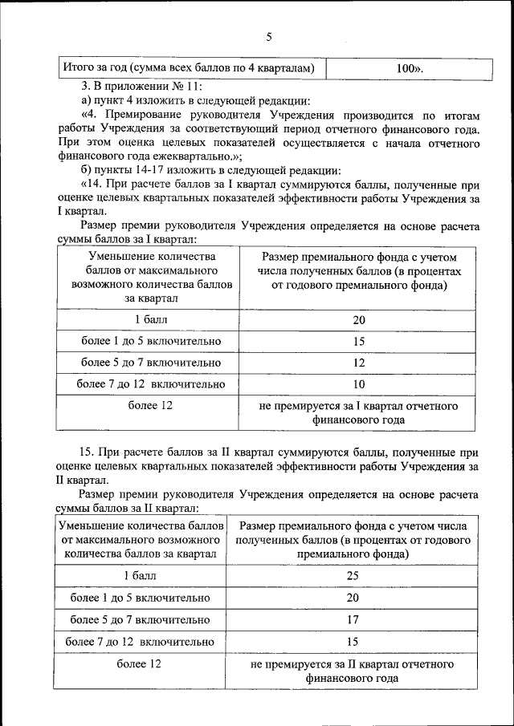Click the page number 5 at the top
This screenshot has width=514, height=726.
point(269,36)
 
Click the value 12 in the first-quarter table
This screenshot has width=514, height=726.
point(359,363)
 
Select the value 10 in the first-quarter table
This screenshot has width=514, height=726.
point(359,384)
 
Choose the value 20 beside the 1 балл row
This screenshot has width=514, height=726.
point(359,320)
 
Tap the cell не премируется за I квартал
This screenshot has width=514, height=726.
point(359,412)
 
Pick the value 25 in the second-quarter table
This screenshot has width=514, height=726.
point(353,576)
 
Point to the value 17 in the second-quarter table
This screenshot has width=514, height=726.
point(353,619)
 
